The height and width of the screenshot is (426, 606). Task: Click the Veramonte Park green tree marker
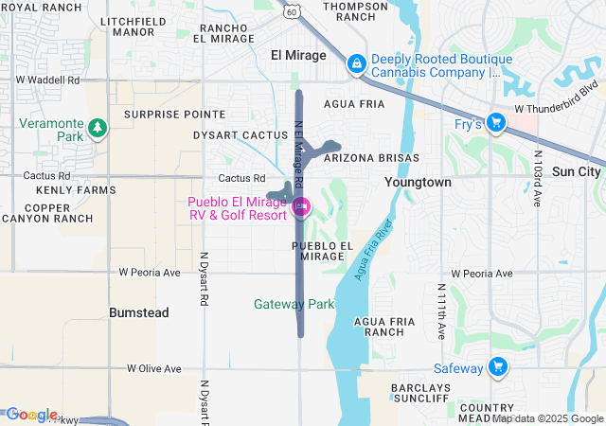[96, 127]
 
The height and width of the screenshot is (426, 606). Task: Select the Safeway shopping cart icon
[498, 367]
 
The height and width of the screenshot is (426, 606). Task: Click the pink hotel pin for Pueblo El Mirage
[301, 206]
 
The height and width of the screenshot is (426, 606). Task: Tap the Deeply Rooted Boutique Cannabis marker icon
[356, 64]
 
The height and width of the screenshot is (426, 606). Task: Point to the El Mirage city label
[296, 54]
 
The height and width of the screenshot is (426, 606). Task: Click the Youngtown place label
[418, 181]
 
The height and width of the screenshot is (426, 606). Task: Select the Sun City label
[576, 171]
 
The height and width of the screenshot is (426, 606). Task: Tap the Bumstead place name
[138, 312]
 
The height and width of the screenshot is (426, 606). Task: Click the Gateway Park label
[294, 304]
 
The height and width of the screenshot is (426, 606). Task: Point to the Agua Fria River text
[372, 250]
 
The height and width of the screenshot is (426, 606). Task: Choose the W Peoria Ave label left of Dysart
[149, 273]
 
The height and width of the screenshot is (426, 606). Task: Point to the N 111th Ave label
[442, 312]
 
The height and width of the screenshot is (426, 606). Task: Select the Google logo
[31, 415]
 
